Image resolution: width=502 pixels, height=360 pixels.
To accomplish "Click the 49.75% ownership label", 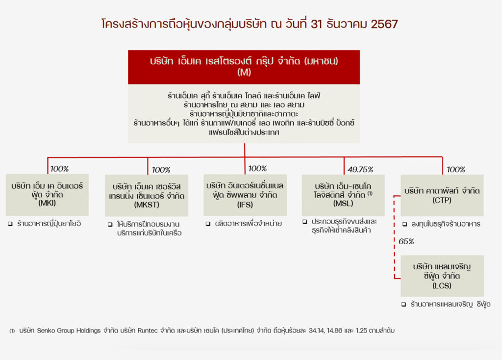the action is [x=360, y=169].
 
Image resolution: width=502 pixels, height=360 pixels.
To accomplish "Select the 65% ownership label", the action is [x=406, y=241].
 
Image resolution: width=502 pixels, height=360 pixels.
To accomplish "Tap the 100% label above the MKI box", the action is [x=59, y=169].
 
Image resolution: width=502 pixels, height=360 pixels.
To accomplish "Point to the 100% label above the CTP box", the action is [x=456, y=169].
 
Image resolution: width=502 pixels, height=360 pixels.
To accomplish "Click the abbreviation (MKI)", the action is [x=47, y=203].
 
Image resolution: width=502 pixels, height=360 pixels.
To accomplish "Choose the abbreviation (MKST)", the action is [x=147, y=205].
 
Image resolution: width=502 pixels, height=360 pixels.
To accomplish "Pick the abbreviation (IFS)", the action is [x=245, y=205].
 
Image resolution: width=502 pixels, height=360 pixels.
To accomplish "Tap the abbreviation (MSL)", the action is [x=343, y=204].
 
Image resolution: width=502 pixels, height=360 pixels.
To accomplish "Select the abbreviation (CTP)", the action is [x=442, y=200].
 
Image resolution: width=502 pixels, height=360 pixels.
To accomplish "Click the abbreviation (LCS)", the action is [x=442, y=285].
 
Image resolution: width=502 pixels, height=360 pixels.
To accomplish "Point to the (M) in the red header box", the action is [x=244, y=72].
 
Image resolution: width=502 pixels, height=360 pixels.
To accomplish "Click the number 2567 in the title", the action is [x=384, y=24].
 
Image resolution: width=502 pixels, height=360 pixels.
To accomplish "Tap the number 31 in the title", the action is [x=316, y=24].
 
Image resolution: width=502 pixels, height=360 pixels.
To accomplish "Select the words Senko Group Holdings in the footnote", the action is [x=69, y=330].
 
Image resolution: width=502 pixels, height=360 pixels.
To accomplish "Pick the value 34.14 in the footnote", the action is [x=316, y=330].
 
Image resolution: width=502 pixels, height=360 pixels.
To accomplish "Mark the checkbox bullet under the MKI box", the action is [x=10, y=224].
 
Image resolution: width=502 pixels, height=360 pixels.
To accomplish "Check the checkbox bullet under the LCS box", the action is [x=404, y=304].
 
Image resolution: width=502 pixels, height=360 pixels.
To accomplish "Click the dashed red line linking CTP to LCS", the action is [x=395, y=237].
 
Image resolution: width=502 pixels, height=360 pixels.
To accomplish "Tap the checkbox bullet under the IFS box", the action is [x=208, y=224].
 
